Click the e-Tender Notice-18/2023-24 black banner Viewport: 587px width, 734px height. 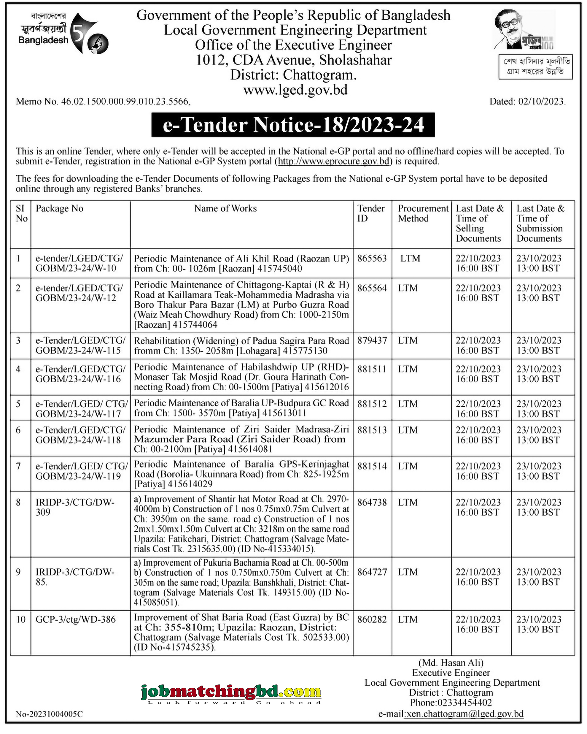pos(293,125)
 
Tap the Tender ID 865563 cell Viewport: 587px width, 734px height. pos(372,259)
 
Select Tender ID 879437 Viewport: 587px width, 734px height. pos(372,340)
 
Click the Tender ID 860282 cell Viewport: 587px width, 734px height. pos(372,619)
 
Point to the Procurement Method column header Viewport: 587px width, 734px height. pos(423,213)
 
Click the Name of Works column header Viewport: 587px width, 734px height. pos(225,208)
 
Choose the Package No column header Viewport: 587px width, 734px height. pos(60,208)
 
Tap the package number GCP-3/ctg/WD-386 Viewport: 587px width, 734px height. pos(76,619)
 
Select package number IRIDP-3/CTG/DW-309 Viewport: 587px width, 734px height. pos(75,507)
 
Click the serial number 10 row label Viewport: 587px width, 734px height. pos(21,619)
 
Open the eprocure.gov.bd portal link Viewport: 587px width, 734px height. pos(333,161)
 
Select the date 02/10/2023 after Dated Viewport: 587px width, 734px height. pos(541,102)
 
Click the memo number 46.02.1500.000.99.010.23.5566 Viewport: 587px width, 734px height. pos(125,102)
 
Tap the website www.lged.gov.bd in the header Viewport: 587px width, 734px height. pos(295,90)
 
